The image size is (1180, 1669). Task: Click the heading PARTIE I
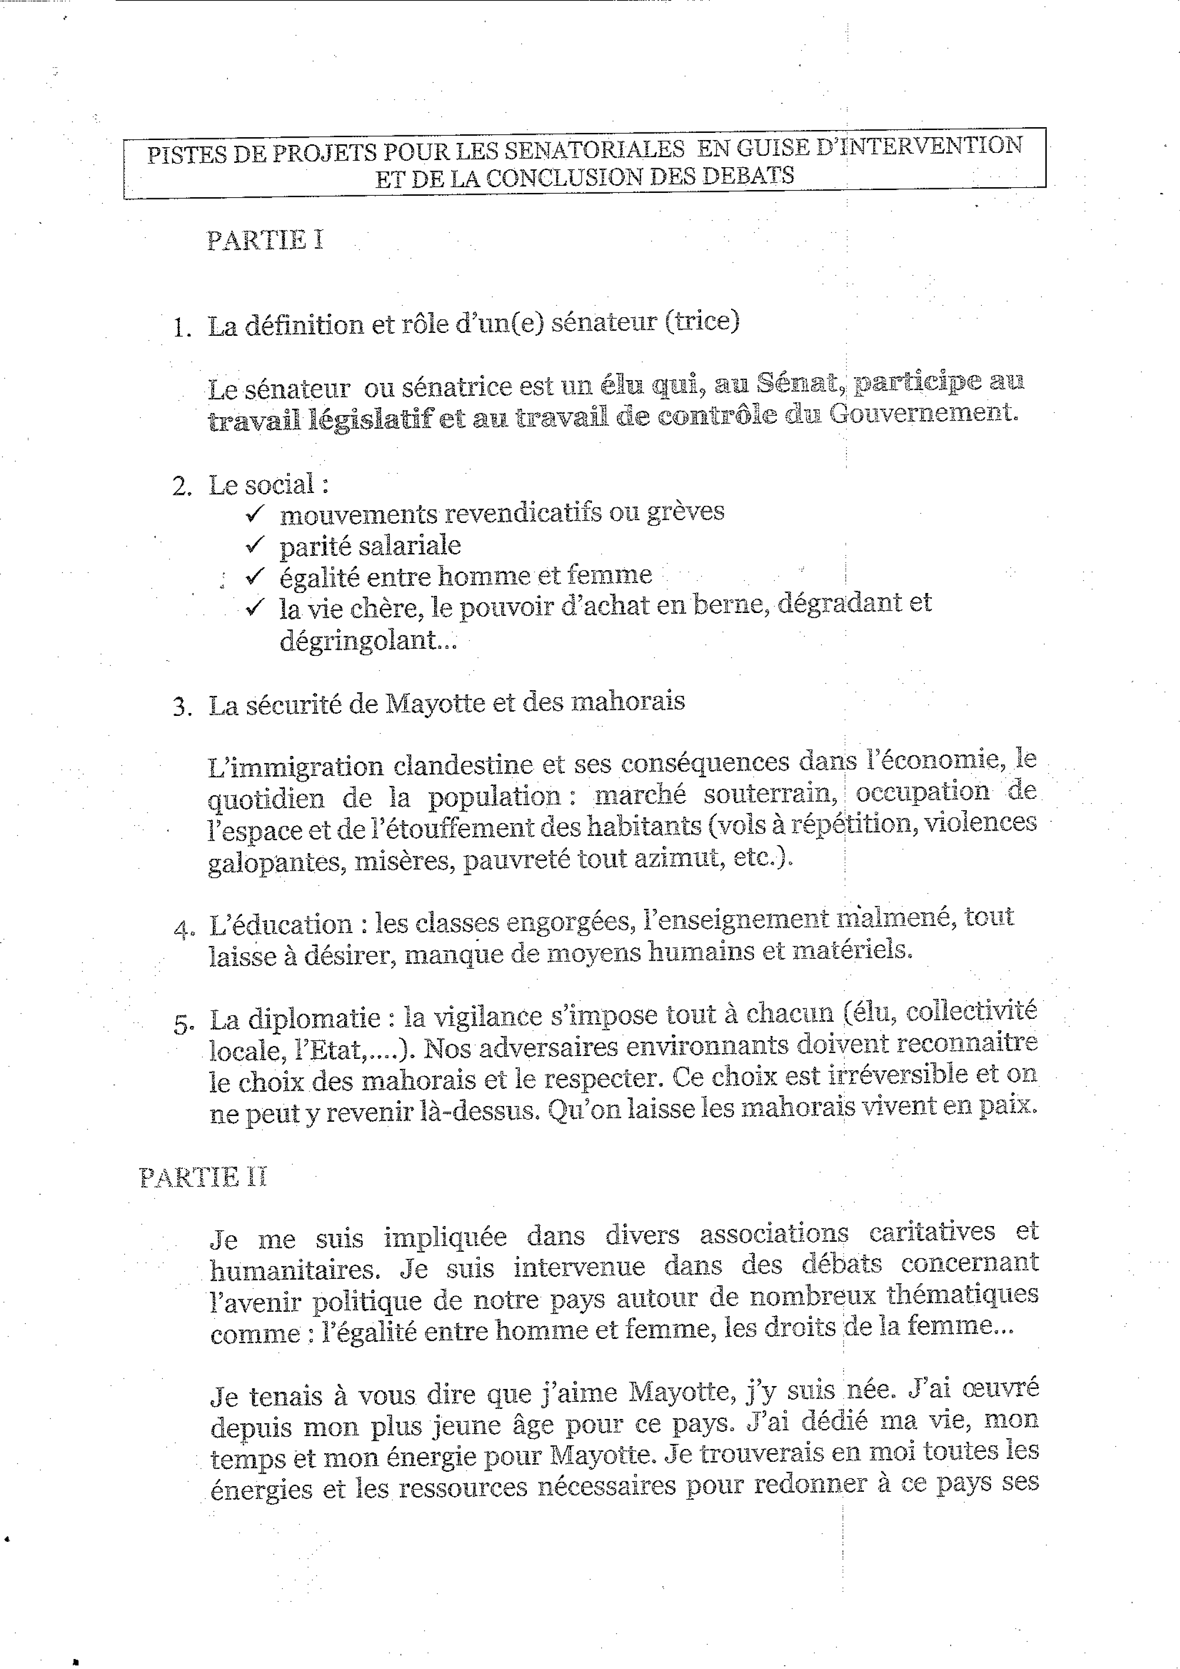265,241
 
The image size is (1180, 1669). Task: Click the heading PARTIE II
203,1177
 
